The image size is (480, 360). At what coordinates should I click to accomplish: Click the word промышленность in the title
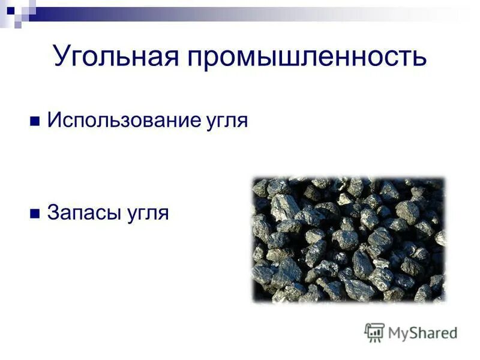tap(307, 58)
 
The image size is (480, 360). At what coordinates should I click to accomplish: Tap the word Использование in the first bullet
tap(121, 120)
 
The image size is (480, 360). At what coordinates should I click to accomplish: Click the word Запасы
tap(84, 213)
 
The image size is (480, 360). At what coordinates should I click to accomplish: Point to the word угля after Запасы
tap(146, 214)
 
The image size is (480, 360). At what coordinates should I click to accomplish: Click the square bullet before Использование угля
tap(34, 121)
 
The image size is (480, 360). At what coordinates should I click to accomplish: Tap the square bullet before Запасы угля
tap(34, 213)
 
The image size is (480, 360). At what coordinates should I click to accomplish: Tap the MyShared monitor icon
tap(374, 332)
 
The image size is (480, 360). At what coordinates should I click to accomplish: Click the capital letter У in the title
tap(63, 58)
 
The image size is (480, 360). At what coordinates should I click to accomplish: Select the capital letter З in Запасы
tap(53, 213)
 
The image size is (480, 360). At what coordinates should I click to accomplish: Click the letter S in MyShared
tap(415, 332)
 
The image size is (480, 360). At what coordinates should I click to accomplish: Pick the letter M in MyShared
tap(395, 332)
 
